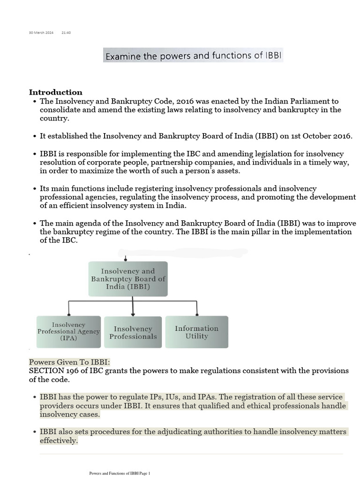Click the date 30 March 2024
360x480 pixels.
[x=41, y=33]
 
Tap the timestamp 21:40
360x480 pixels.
[x=66, y=33]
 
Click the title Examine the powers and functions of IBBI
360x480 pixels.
[x=193, y=56]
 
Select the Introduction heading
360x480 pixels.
[x=55, y=92]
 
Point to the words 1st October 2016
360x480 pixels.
[x=321, y=136]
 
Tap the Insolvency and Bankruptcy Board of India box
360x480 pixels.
[x=127, y=278]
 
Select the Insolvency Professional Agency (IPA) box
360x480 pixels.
[x=68, y=331]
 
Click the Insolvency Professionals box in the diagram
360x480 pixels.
[x=133, y=332]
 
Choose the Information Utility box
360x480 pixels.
[x=196, y=332]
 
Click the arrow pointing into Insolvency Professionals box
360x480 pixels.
[x=133, y=313]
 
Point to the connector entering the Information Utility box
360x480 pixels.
[x=197, y=313]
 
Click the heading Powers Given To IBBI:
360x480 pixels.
[x=69, y=362]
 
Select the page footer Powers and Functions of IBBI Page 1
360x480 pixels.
[x=120, y=473]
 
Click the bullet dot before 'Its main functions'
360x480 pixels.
[x=35, y=189]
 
